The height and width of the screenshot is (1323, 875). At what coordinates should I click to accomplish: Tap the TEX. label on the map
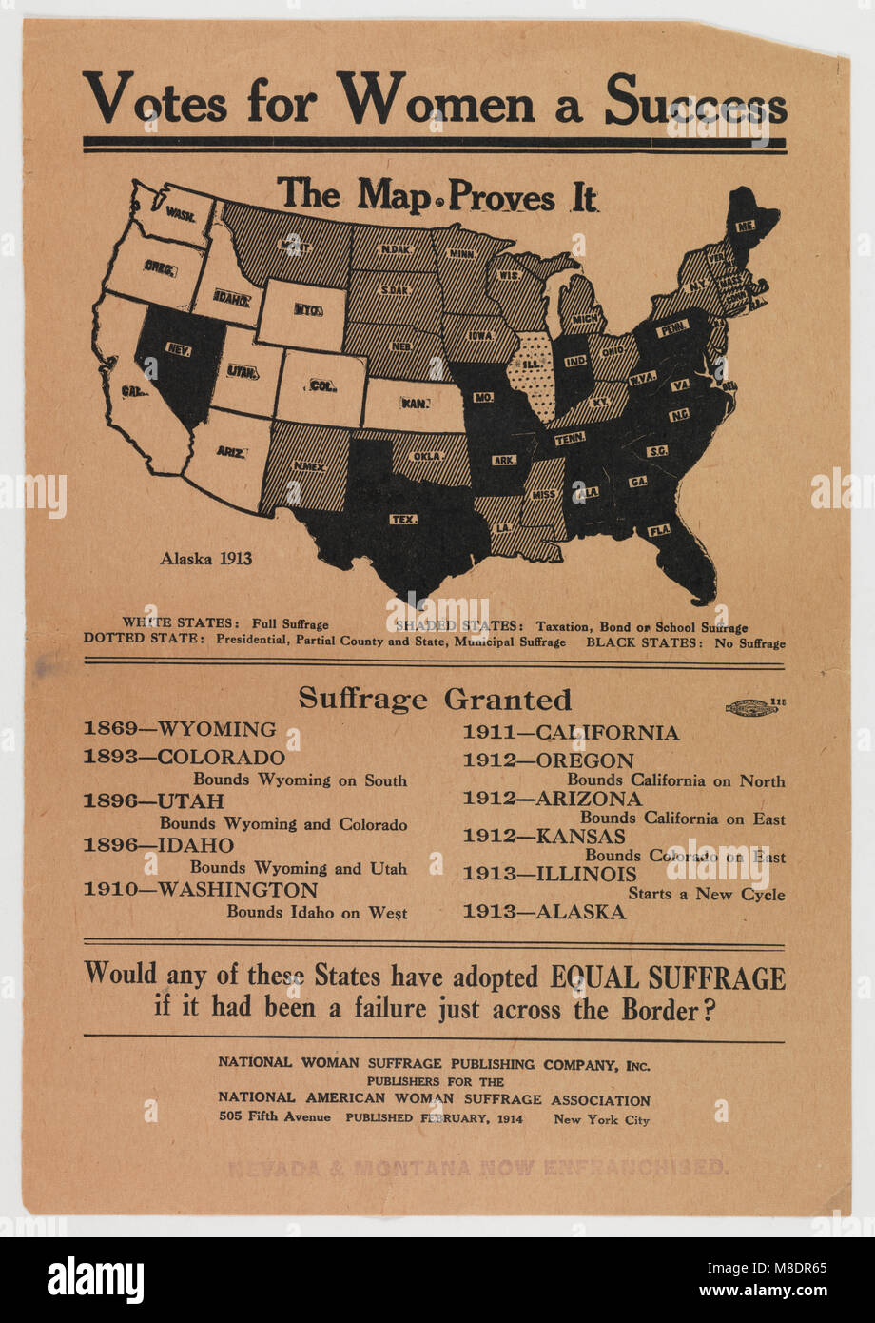tap(403, 519)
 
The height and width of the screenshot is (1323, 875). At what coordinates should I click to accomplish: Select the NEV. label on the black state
tap(179, 349)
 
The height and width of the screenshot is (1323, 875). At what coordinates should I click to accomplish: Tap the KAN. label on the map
tap(413, 403)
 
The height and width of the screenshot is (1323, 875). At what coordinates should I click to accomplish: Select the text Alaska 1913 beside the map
tap(206, 559)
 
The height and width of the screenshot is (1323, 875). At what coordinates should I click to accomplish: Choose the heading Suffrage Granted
tap(435, 699)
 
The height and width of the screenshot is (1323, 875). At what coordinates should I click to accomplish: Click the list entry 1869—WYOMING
tap(180, 729)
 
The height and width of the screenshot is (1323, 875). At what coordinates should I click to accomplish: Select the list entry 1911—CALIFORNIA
tap(571, 733)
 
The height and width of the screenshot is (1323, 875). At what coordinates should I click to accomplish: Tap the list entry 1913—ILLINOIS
tap(550, 874)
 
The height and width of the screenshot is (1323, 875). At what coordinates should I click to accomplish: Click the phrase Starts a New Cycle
tap(706, 894)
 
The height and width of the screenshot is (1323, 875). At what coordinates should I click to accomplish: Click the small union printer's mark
tap(751, 706)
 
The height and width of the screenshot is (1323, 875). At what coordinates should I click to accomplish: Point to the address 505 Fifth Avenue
tap(274, 1116)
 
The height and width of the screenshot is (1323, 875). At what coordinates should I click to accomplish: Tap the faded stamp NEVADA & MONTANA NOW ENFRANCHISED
tap(477, 1167)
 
